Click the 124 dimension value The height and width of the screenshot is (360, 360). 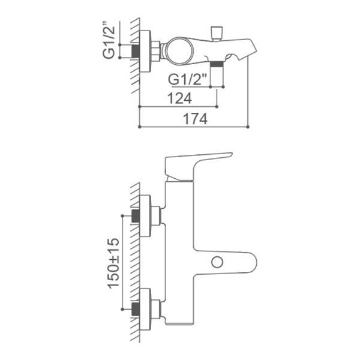click(179, 98)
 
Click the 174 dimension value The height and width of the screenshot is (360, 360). click(195, 119)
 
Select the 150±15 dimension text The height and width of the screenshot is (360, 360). click(113, 263)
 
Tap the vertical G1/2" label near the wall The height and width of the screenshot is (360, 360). click(109, 40)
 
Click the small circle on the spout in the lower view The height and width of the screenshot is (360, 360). click(217, 262)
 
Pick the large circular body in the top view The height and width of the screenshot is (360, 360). click(179, 51)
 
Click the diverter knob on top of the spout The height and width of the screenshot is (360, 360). click(217, 34)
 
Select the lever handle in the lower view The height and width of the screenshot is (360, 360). click(197, 166)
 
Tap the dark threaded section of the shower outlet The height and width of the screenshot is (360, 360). click(217, 64)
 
